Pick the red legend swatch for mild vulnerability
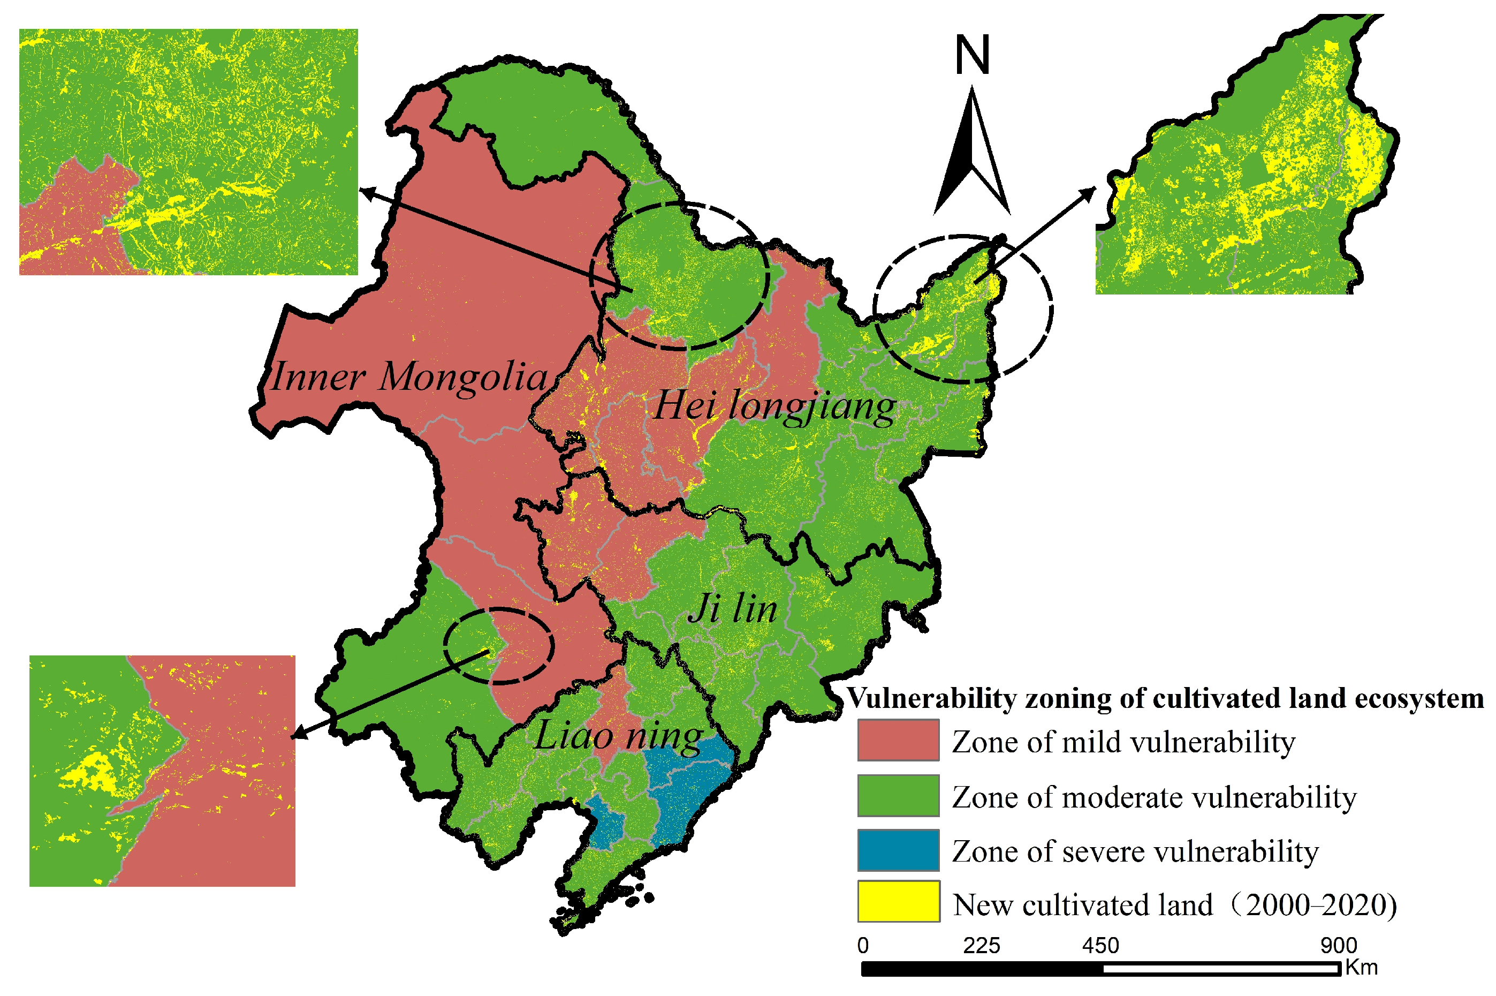click(897, 740)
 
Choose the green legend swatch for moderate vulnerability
click(897, 795)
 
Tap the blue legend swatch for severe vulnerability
click(897, 849)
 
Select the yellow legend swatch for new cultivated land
click(897, 901)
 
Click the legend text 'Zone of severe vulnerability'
click(1135, 851)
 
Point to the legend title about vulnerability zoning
click(1165, 698)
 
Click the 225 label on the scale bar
click(981, 946)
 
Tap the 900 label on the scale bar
click(1339, 946)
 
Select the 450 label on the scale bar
click(1100, 946)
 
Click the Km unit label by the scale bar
click(1361, 968)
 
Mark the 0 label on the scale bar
click(862, 946)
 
